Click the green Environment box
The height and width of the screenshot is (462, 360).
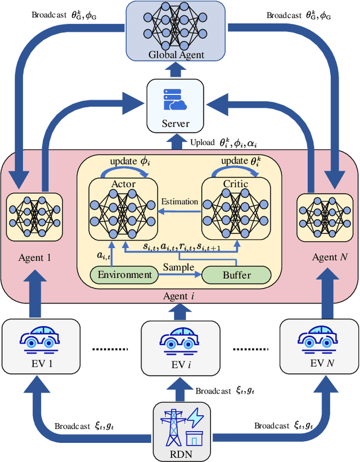coord(125,275)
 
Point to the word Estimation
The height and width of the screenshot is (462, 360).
coord(180,201)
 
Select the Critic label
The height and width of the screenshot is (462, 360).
coord(236,184)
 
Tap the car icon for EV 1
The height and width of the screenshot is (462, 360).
coord(38,339)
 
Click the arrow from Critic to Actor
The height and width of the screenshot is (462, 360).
coord(180,211)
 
